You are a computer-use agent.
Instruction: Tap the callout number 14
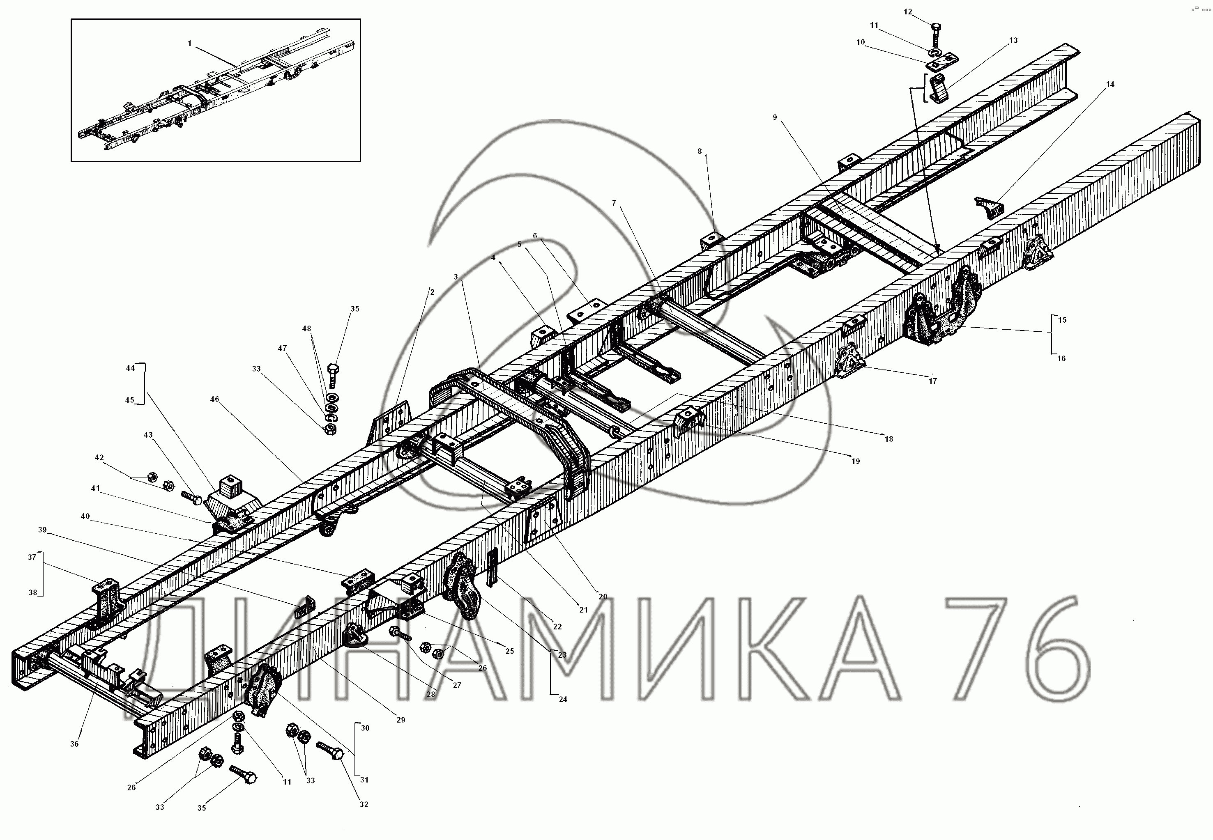coord(1110,84)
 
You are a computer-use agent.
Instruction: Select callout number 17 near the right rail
coord(933,381)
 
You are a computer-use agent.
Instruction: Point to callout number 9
coord(775,117)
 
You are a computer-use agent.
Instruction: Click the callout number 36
coord(74,744)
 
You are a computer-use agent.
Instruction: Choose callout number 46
coord(214,399)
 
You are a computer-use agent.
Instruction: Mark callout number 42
coord(99,458)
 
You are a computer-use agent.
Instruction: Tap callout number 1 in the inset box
coord(189,43)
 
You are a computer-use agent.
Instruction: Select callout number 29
coord(400,719)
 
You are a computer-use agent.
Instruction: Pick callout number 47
coord(283,349)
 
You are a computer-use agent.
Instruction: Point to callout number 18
coord(888,439)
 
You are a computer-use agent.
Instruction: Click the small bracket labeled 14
coord(990,207)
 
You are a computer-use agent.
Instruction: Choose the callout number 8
coord(700,151)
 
